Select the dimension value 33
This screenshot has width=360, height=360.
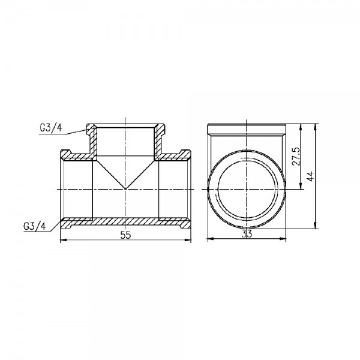click(x=247, y=235)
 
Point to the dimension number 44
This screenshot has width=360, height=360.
click(x=311, y=176)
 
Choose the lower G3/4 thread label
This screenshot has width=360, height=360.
click(x=34, y=226)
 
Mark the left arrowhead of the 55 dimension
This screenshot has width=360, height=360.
click(x=64, y=240)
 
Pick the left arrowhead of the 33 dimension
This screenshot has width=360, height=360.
click(x=208, y=240)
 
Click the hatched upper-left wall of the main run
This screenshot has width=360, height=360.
click(x=76, y=157)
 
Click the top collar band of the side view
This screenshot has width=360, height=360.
click(x=247, y=128)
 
